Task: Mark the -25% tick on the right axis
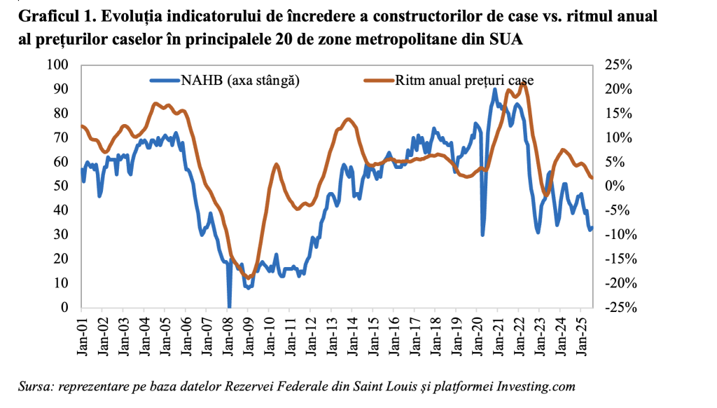[x=618, y=308]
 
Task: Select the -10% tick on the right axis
[x=618, y=235]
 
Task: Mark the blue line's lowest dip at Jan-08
[x=229, y=306]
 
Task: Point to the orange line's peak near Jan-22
[x=524, y=83]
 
